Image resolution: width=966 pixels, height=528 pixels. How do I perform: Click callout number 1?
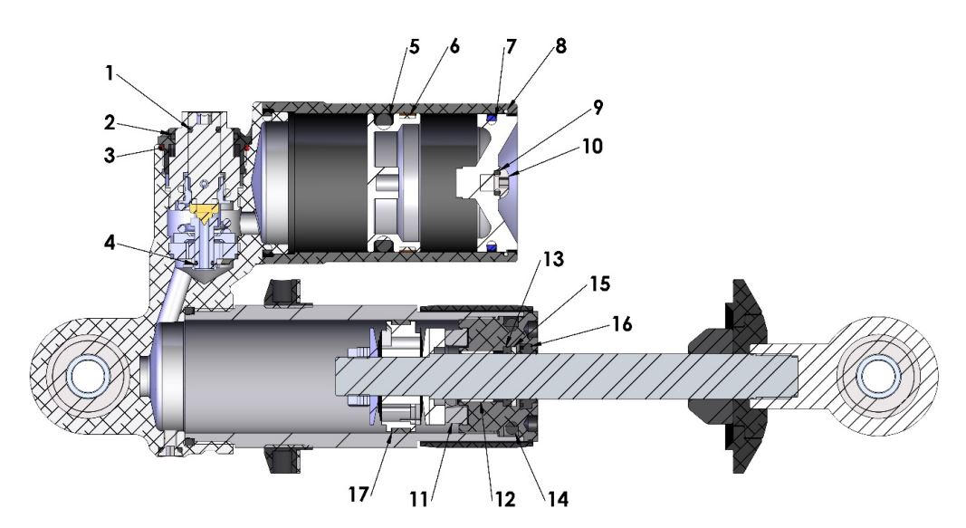pyautogui.click(x=110, y=75)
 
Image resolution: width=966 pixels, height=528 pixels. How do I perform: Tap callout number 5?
pyautogui.click(x=415, y=48)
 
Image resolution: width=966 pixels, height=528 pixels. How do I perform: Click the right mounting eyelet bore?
pyautogui.click(x=875, y=377)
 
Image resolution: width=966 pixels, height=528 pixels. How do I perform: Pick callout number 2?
pyautogui.click(x=109, y=122)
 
